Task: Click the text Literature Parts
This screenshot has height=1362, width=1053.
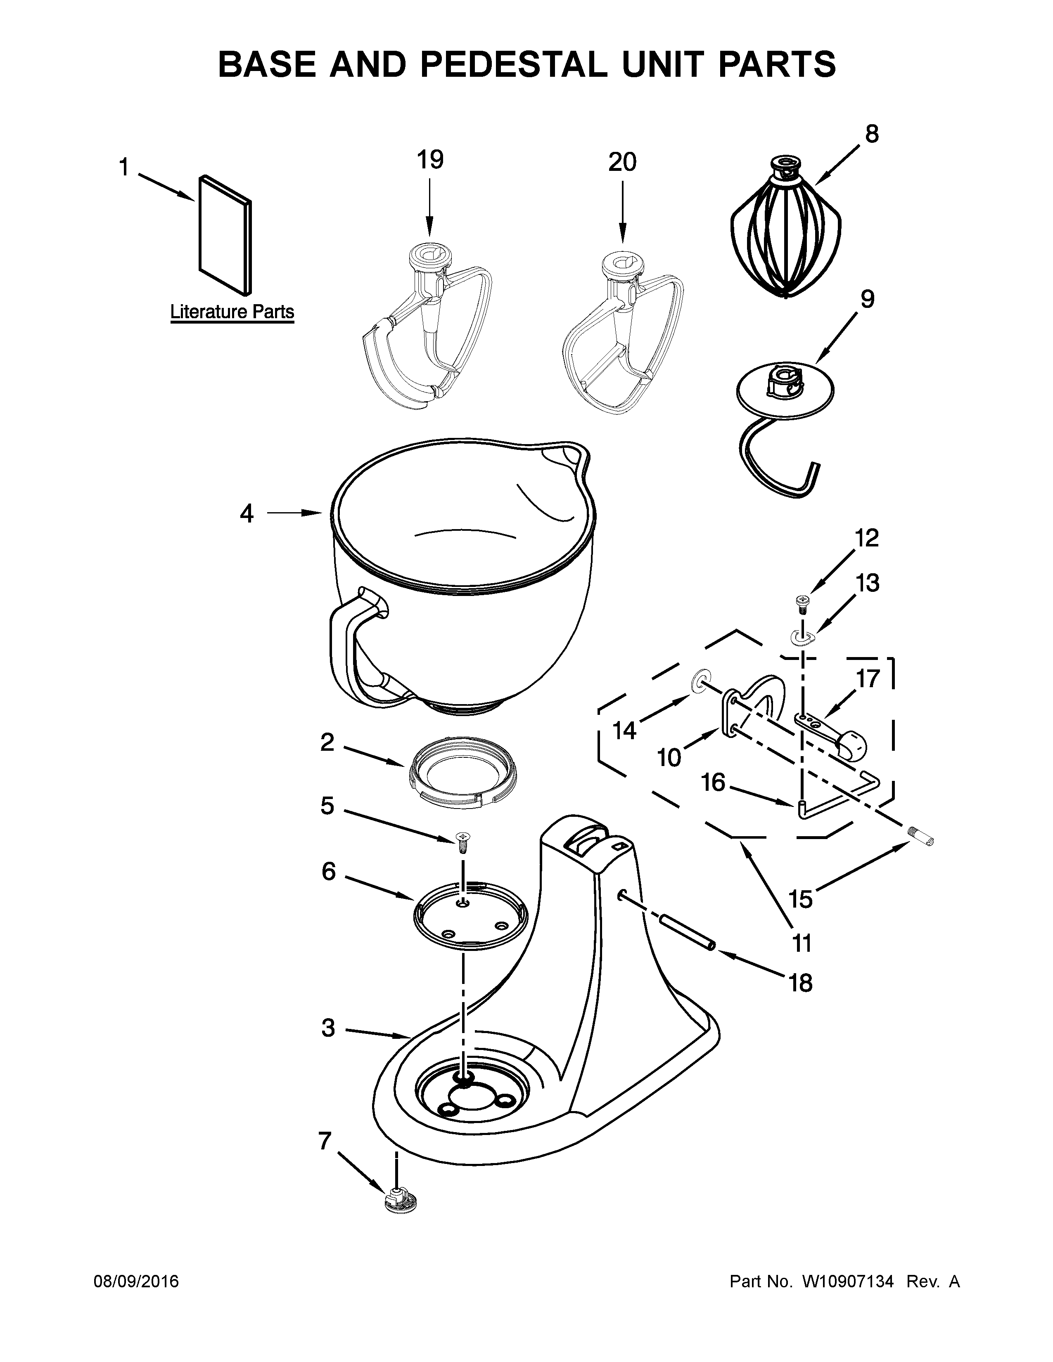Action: [232, 312]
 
